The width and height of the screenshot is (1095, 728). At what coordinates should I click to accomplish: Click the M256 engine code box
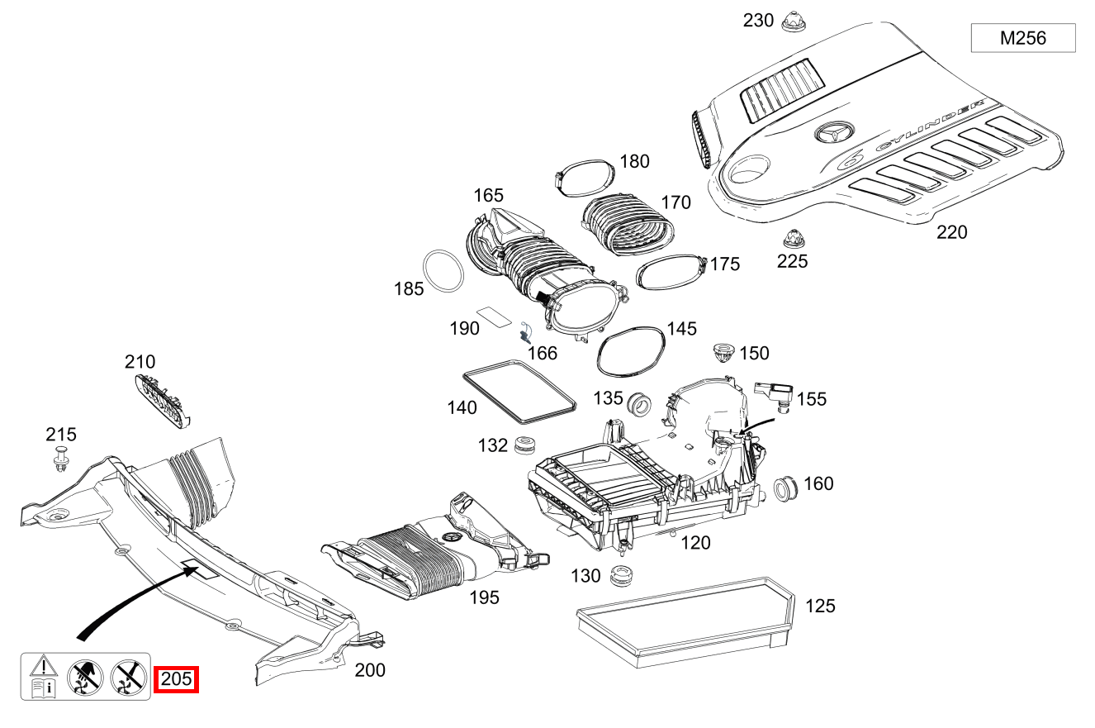(x=1022, y=38)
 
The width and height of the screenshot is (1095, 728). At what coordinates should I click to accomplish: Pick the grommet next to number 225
(x=792, y=239)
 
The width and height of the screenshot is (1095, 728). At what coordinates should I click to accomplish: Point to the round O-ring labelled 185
(x=443, y=271)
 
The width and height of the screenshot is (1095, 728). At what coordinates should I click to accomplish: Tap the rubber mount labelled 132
(x=524, y=445)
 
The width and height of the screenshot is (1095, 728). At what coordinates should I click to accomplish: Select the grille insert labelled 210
(x=160, y=401)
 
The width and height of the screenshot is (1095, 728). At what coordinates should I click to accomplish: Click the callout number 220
(x=951, y=232)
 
